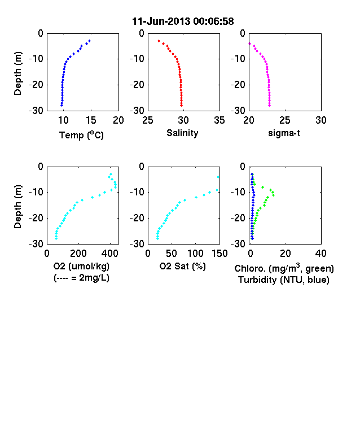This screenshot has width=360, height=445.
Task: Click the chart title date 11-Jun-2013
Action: coord(161,21)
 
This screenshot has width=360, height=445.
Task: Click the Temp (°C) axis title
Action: coord(81,135)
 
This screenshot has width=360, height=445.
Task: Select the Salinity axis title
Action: coord(182,133)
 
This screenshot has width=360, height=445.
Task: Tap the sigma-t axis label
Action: coord(284,133)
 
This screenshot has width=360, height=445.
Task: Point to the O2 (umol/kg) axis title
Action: coord(81,266)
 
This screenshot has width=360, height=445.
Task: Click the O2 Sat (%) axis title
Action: coord(182,266)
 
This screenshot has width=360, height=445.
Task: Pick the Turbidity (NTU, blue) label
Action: coord(284,280)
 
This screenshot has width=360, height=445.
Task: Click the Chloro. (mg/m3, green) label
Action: coord(284,268)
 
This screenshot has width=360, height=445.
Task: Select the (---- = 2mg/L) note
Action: coord(81,277)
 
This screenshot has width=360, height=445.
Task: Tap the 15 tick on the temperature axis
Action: coord(91,120)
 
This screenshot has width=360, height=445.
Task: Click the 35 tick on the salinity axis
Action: coord(219,120)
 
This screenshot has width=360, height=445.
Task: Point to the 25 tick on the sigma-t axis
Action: coord(284,120)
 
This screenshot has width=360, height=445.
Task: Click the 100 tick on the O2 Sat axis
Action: coord(196,254)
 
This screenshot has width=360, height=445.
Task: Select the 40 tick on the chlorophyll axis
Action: coord(321,254)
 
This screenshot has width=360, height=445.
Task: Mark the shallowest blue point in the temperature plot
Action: coord(89,41)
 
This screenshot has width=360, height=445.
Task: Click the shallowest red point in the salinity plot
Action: coord(159,41)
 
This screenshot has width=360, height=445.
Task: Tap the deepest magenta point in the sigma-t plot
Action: coord(270,105)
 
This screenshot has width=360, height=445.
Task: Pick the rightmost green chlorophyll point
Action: coord(273,195)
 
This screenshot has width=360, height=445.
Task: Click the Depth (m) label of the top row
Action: coord(17,73)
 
